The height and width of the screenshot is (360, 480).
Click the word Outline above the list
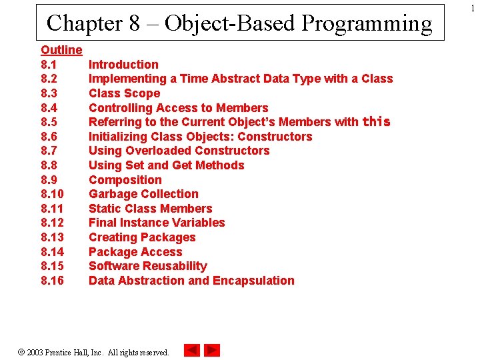click(x=61, y=50)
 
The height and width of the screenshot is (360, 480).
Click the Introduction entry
click(x=123, y=65)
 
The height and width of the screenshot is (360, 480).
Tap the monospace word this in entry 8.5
click(x=376, y=122)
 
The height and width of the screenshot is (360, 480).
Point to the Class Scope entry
click(x=124, y=93)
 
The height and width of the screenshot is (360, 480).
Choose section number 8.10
click(x=52, y=194)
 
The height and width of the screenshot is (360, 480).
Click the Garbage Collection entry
click(x=143, y=194)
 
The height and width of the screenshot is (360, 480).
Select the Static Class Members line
click(x=150, y=209)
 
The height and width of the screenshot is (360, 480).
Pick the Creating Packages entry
click(x=142, y=237)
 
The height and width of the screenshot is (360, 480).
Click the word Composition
click(x=125, y=180)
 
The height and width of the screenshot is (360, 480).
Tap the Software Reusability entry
click(x=147, y=266)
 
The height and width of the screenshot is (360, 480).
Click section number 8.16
click(x=52, y=281)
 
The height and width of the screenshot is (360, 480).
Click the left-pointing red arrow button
click(x=191, y=350)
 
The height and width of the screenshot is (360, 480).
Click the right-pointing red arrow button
click(x=212, y=350)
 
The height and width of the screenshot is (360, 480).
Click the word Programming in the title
click(x=367, y=23)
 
